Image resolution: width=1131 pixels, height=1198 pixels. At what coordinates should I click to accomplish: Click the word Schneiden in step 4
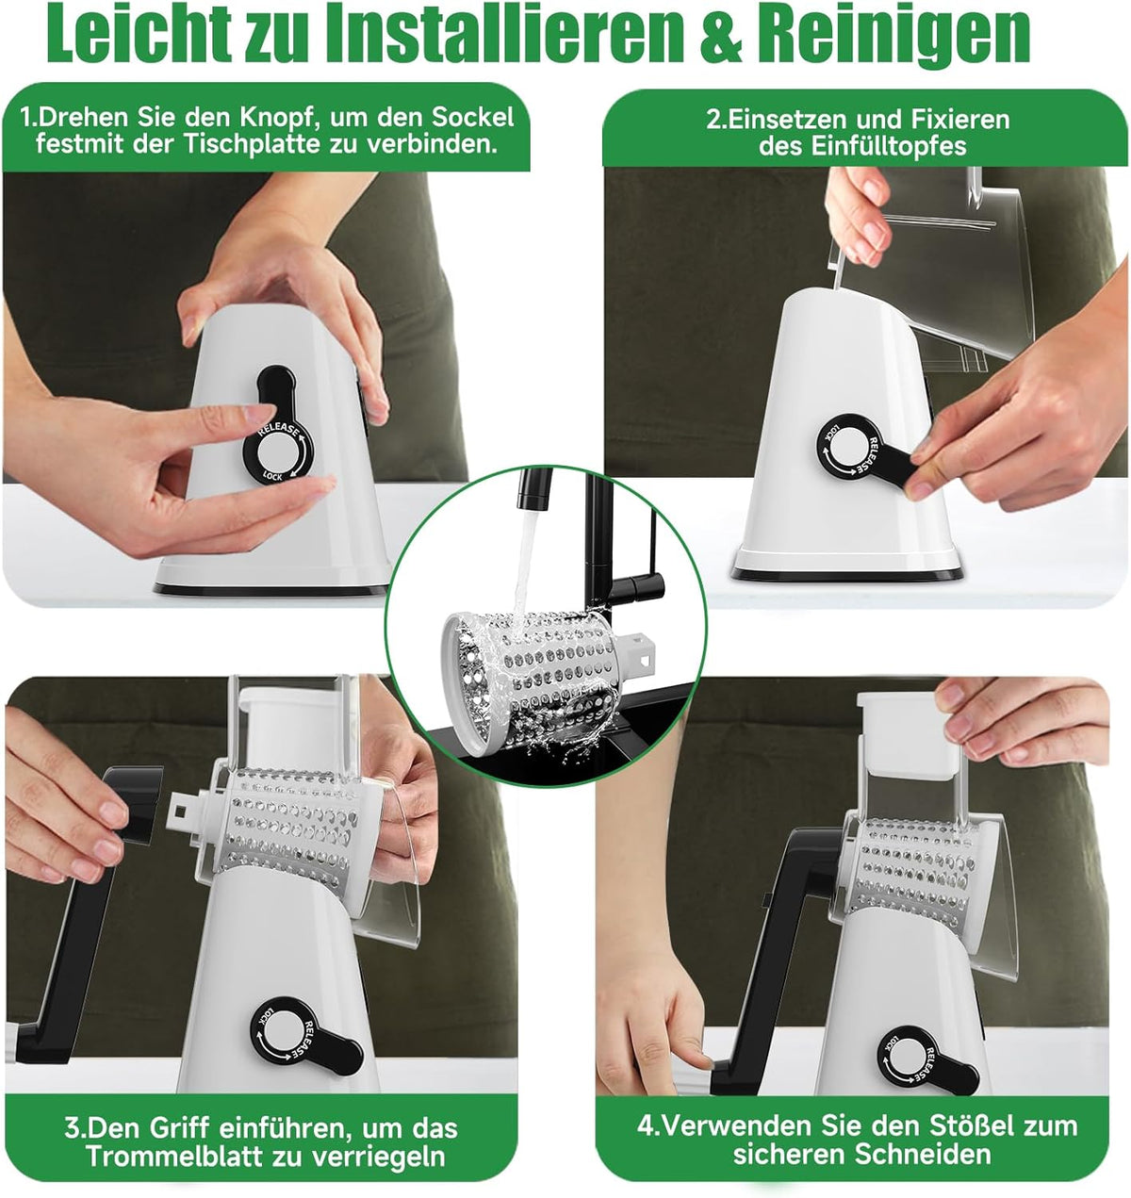[x=923, y=1155]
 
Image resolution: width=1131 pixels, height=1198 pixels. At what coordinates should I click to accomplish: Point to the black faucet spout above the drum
[x=533, y=487]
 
